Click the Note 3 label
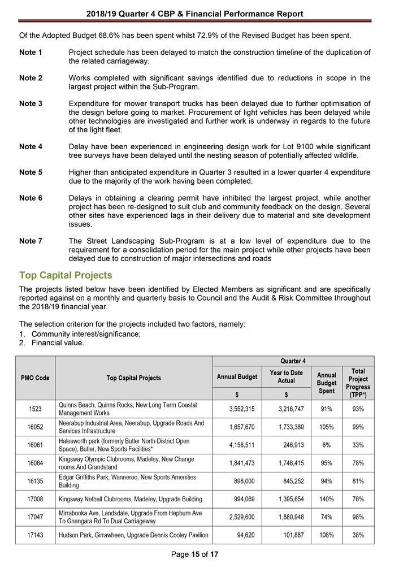(x=31, y=103)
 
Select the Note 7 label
(x=31, y=241)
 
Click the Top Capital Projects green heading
(x=66, y=275)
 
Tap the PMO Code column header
(x=35, y=378)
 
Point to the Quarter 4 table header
(x=293, y=361)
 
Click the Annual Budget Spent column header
(x=326, y=383)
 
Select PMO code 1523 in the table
(x=35, y=409)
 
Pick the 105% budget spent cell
(x=326, y=427)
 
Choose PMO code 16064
(x=35, y=463)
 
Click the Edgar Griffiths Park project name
(x=128, y=481)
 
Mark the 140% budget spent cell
(x=326, y=499)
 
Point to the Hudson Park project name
(x=133, y=535)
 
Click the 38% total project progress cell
(x=358, y=535)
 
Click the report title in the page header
(x=195, y=14)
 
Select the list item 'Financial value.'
(x=58, y=342)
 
